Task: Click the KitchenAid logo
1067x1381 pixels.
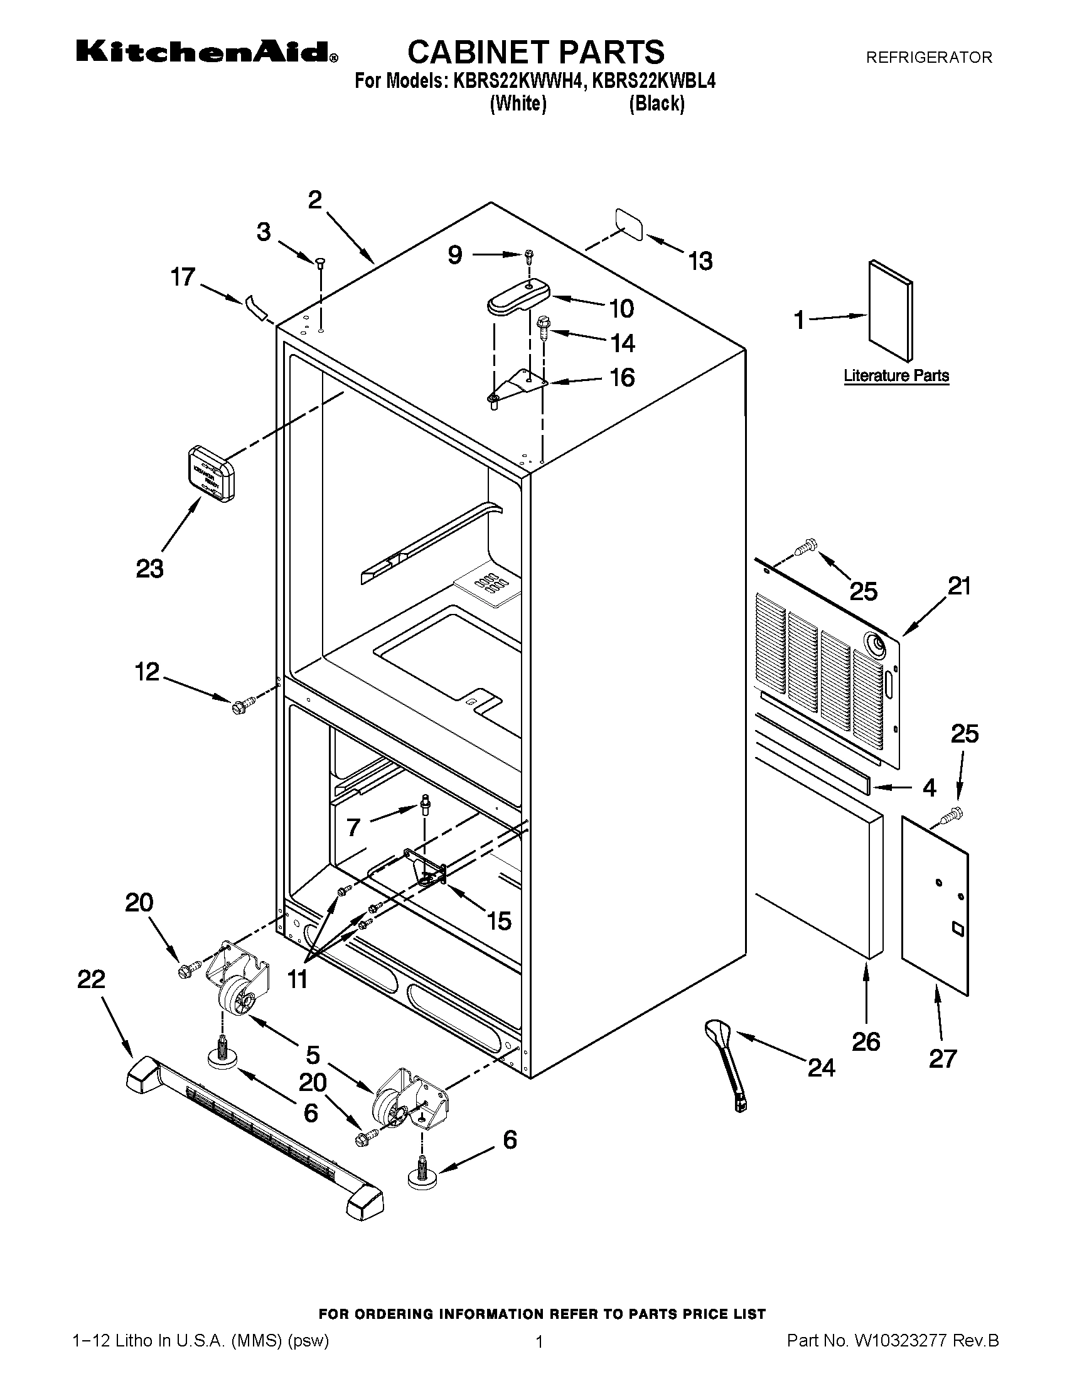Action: (x=206, y=52)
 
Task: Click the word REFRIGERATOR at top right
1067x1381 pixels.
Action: (x=928, y=58)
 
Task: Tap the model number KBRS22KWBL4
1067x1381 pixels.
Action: (x=653, y=82)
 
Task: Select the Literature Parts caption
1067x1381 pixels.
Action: (x=896, y=375)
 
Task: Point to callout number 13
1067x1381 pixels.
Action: (x=700, y=261)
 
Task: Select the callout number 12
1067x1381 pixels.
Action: (x=147, y=672)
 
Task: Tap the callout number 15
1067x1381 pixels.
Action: (x=499, y=922)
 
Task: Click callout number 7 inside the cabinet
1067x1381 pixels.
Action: (x=353, y=827)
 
